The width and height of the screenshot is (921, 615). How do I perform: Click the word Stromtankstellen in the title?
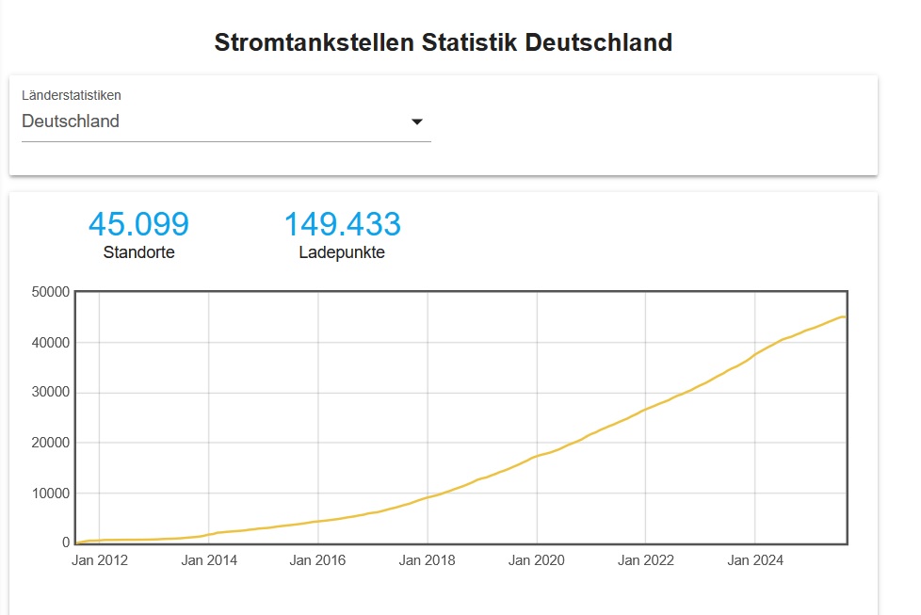pos(315,42)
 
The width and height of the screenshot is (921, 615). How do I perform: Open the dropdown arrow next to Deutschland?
pos(417,121)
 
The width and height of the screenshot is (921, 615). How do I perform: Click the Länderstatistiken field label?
pos(72,95)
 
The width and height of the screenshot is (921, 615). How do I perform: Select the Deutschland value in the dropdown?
pos(71,121)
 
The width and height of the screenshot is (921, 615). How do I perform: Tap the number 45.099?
pos(138,224)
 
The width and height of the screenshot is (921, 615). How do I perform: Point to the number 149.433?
pos(342,224)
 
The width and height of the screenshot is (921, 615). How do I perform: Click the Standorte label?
pos(138,252)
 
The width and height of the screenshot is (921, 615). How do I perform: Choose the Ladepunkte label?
pos(342,252)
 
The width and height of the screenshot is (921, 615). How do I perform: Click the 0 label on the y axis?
pos(65,542)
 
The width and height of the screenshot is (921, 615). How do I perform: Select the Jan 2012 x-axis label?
pos(100,560)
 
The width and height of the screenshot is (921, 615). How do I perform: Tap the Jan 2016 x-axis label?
pos(318,560)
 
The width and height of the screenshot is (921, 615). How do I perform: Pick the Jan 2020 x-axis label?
pos(537,560)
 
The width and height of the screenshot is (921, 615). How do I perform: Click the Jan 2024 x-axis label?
pos(755,560)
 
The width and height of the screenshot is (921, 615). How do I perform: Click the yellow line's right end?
pos(846,316)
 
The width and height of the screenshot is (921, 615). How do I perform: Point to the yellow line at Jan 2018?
pos(428,496)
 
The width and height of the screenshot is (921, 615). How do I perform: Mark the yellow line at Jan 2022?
pos(646,409)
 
